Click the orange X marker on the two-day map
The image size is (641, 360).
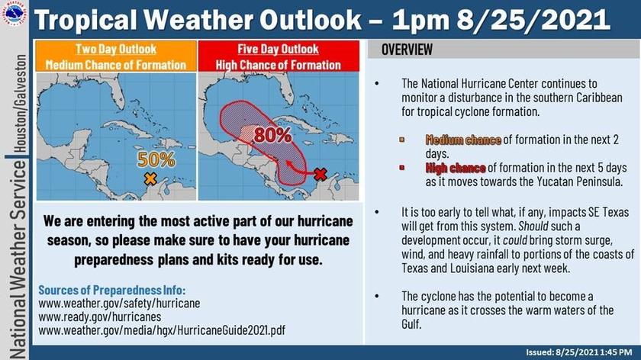pos(150,178)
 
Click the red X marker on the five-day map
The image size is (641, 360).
pos(320,175)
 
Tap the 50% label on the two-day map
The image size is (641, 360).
pos(156,159)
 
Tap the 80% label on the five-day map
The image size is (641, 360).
pos(272,135)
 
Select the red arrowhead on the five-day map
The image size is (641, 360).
pos(289,164)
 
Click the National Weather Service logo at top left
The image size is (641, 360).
pos(14,13)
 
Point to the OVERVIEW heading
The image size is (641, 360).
pos(407,50)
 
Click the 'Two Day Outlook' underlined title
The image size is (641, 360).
pos(116,49)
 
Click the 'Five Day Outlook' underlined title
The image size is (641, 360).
pos(278,49)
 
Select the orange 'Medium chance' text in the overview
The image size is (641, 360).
pos(463,140)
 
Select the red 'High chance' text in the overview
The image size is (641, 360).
pos(456,168)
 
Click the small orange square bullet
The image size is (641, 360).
pos(402,140)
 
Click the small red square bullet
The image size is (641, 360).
pos(402,168)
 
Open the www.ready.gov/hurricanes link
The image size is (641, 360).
pos(100,317)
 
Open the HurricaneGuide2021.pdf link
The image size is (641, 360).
pos(162,330)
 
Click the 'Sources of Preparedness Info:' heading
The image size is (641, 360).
pos(112,290)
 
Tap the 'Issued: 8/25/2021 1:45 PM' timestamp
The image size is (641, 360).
pos(579,352)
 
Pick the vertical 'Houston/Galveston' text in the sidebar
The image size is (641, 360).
pos(21,104)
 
